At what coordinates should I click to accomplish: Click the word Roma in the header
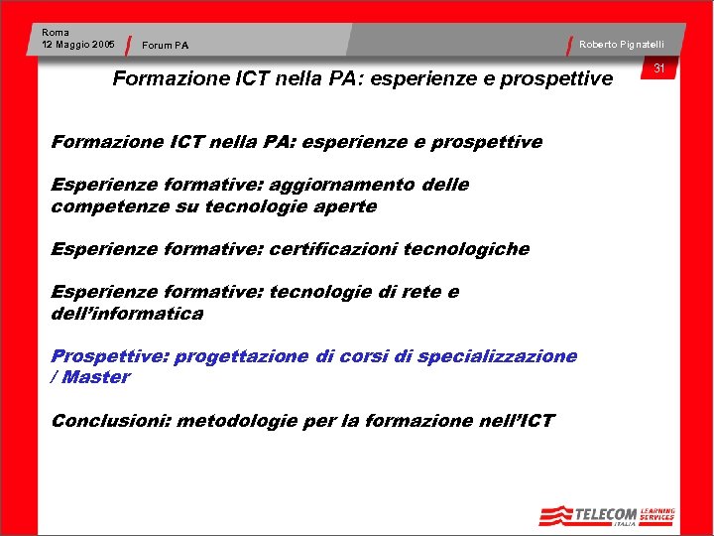(x=56, y=33)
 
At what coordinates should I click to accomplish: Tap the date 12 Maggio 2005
(x=78, y=45)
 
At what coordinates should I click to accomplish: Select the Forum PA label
(x=165, y=45)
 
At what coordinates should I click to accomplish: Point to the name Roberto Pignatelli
(x=622, y=45)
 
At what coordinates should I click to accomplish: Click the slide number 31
(x=658, y=67)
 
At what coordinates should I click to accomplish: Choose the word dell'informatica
(x=127, y=314)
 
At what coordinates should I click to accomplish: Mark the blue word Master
(x=96, y=377)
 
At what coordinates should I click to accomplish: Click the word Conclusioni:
(x=111, y=421)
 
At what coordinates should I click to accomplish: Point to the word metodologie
(x=237, y=421)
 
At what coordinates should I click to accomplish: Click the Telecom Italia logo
(x=607, y=515)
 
